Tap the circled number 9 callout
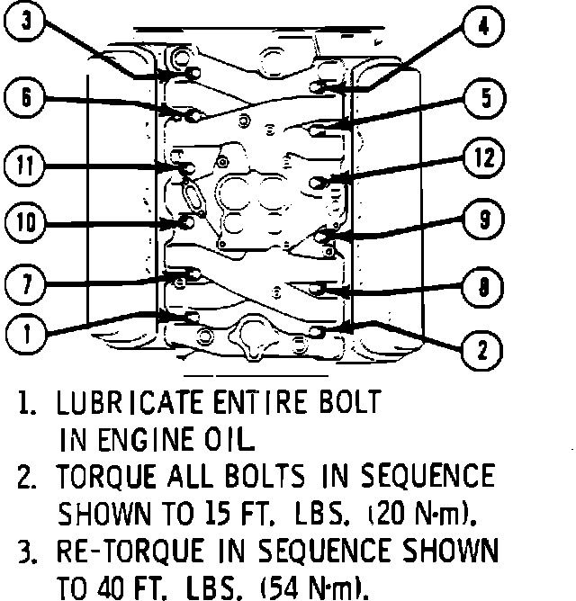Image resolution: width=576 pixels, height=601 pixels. (x=485, y=217)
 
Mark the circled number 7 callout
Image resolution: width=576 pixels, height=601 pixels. (x=27, y=285)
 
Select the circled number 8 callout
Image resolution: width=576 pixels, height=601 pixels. (x=483, y=289)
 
